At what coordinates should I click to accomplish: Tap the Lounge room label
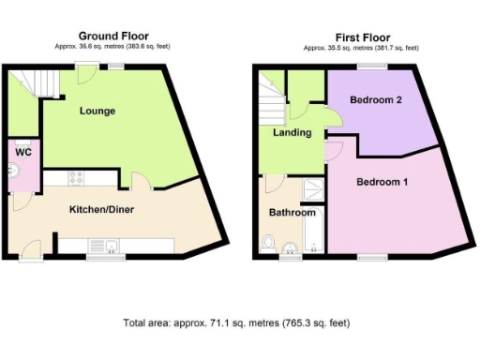[97, 111]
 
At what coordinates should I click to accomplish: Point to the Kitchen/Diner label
[101, 208]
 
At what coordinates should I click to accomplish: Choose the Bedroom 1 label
[382, 182]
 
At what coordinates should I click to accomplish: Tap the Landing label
[292, 132]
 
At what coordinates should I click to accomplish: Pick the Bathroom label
[292, 212]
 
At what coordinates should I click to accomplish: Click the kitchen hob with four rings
[77, 177]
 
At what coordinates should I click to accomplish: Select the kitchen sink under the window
[112, 247]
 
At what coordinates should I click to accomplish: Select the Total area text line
[235, 323]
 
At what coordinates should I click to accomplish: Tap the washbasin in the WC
[12, 170]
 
